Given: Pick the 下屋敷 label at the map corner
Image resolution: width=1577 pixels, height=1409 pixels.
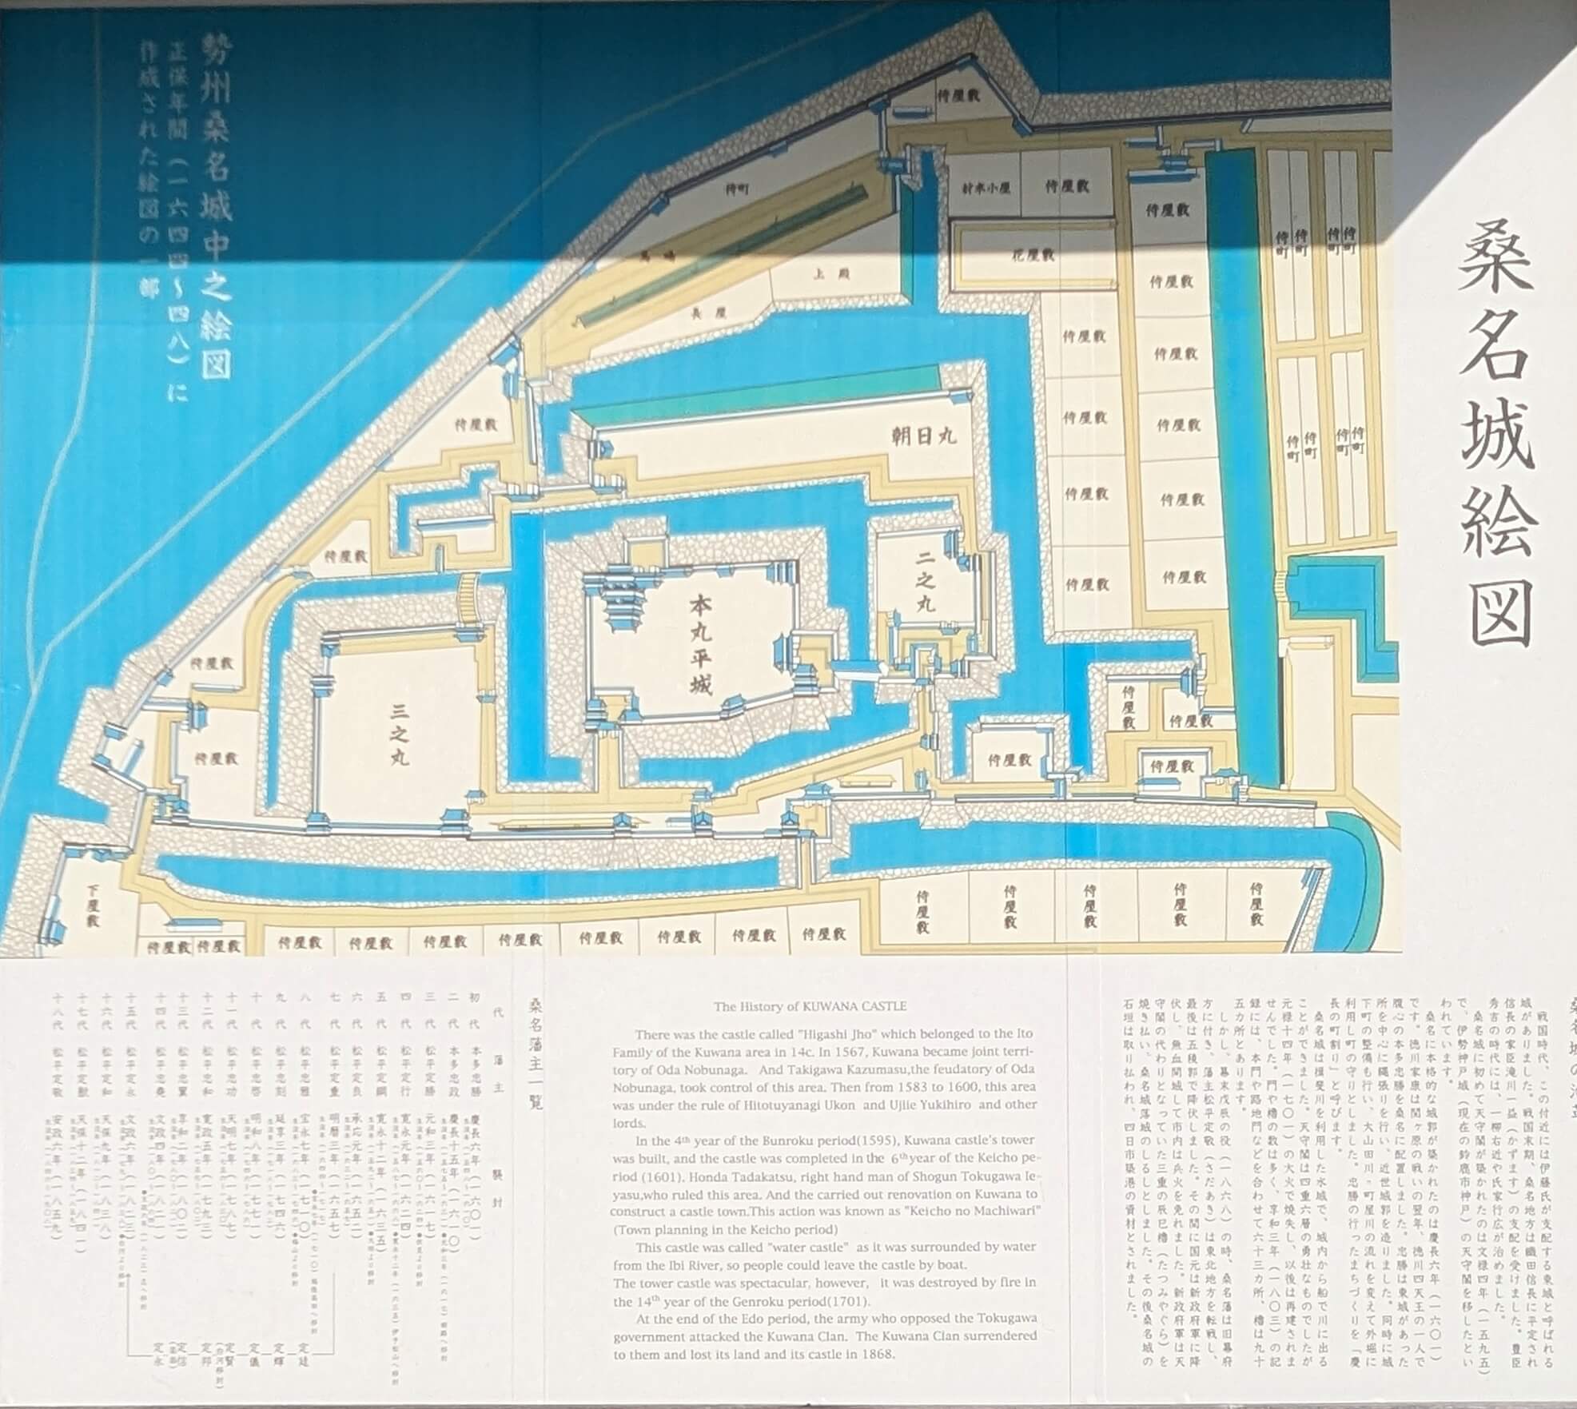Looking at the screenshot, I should (93, 905).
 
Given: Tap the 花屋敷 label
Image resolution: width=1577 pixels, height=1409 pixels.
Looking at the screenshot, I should (1033, 256).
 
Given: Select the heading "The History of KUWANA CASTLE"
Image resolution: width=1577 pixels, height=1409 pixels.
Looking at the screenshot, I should (810, 1006).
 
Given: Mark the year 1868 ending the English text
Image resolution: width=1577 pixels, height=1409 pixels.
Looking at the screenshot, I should (878, 1354).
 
